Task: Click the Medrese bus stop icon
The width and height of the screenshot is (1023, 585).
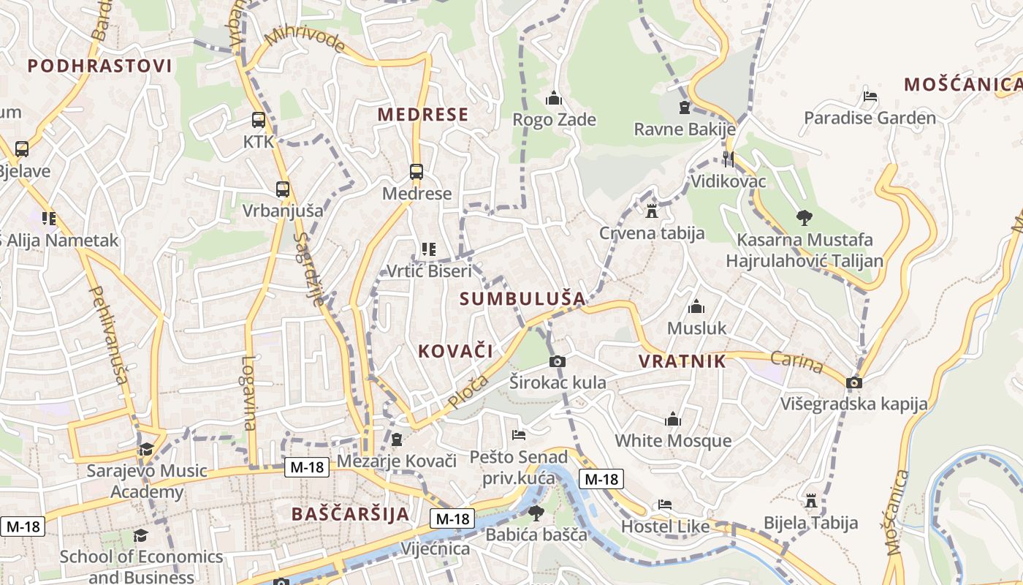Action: coord(417,172)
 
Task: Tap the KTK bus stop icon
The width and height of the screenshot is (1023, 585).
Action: coord(259,120)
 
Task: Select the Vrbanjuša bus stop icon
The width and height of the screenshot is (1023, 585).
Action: coord(283,189)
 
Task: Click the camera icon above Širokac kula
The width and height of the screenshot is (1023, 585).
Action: coord(558,361)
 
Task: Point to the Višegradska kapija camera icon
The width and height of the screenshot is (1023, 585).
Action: coord(853,382)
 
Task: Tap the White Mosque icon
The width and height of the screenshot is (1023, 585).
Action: coord(673,420)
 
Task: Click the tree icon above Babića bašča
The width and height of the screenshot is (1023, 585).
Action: coord(536,513)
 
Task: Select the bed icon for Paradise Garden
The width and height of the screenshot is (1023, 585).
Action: coord(870,97)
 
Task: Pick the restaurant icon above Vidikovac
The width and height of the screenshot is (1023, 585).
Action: coord(728,159)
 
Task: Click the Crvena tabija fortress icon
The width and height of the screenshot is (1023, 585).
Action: coord(652,211)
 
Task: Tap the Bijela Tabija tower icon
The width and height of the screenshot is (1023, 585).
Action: coord(810,502)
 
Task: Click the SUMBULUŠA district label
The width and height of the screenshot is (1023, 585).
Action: coord(523,298)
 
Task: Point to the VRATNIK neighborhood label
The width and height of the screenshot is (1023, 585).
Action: coord(682,361)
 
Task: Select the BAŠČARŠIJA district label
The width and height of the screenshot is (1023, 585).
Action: coord(351,513)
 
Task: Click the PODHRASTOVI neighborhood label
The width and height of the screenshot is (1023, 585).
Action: coord(100,66)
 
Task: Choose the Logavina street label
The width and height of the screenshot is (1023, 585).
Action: coord(250,393)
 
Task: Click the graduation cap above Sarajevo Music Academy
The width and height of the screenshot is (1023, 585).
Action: coord(147,449)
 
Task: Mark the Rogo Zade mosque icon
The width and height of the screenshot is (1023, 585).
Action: coord(554,98)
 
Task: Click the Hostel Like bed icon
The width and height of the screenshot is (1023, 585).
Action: coord(665,505)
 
